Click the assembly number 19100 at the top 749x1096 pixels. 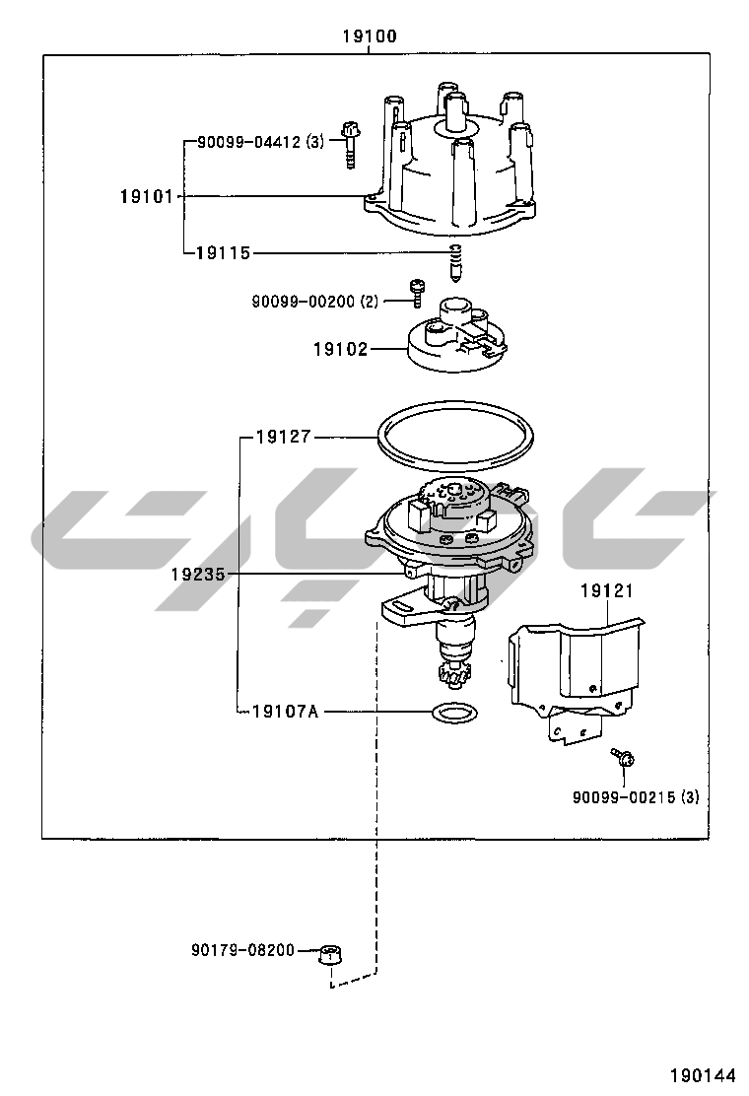click(x=370, y=36)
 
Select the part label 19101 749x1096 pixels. click(x=147, y=196)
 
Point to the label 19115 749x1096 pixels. click(x=223, y=253)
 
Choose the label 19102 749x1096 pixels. click(x=340, y=349)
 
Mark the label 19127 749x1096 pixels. click(x=283, y=437)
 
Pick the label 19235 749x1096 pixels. click(x=197, y=572)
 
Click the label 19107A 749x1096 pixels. click(x=285, y=710)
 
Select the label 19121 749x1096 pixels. click(x=606, y=591)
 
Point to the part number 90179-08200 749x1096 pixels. click(x=242, y=950)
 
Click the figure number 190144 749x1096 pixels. click(x=704, y=1074)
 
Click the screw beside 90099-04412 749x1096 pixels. click(x=349, y=142)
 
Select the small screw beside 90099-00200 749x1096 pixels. click(x=417, y=291)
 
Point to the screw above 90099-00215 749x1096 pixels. click(x=623, y=758)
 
